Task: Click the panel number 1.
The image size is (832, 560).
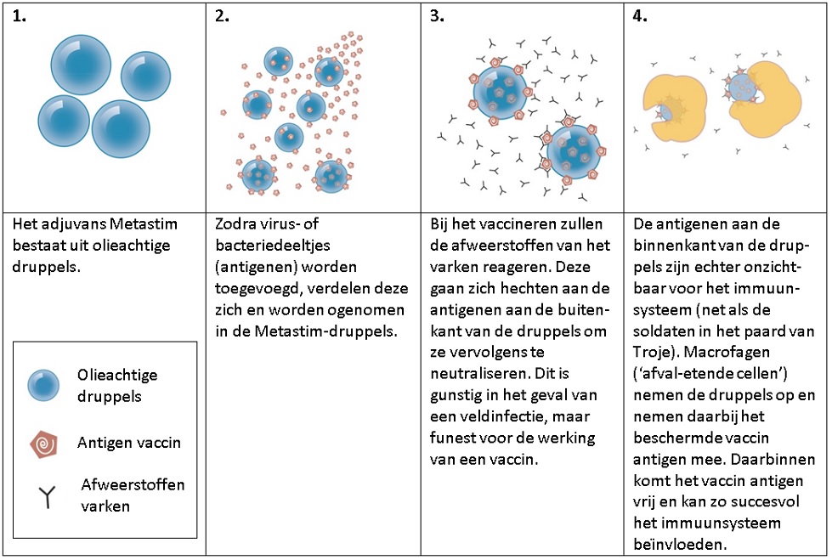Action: [19, 16]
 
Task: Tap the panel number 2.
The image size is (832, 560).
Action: [222, 16]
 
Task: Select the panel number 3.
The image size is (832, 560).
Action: [437, 16]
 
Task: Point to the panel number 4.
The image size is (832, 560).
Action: [640, 16]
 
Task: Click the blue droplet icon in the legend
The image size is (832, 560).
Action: [43, 385]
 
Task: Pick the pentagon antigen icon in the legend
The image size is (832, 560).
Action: [44, 444]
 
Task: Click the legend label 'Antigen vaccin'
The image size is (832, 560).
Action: [129, 443]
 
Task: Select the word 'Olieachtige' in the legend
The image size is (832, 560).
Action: [117, 375]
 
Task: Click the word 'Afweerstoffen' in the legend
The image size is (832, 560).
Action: [133, 484]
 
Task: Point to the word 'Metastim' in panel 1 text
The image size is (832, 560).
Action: [144, 224]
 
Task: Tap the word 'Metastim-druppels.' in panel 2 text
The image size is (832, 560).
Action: [325, 331]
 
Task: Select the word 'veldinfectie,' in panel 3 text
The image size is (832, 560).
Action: [496, 416]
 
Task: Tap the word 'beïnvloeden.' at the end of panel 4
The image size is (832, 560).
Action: [680, 545]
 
